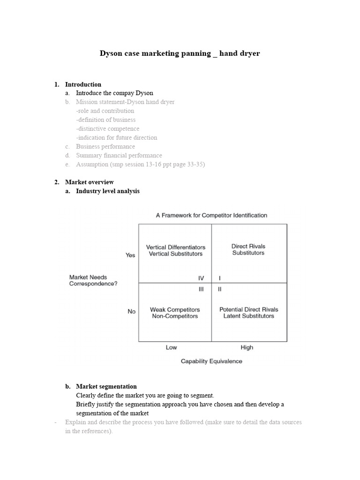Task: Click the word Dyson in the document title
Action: click(111, 53)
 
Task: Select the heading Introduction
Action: click(83, 84)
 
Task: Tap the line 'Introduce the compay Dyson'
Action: click(114, 93)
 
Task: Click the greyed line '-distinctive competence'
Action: click(107, 129)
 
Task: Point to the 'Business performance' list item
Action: click(105, 147)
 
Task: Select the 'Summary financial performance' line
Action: click(119, 156)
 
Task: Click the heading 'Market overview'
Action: click(89, 182)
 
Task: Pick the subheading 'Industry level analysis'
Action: click(107, 191)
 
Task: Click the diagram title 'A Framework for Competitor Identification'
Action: click(211, 216)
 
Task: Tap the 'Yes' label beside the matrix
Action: click(130, 255)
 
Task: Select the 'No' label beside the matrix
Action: click(131, 312)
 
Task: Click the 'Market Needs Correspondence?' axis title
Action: click(93, 281)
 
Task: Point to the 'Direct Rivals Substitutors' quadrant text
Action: click(248, 250)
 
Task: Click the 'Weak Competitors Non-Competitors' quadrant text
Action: click(175, 313)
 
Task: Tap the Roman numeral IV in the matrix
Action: click(201, 278)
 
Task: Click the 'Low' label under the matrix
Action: click(171, 348)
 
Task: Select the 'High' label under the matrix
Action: click(247, 348)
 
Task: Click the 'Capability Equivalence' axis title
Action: click(211, 361)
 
